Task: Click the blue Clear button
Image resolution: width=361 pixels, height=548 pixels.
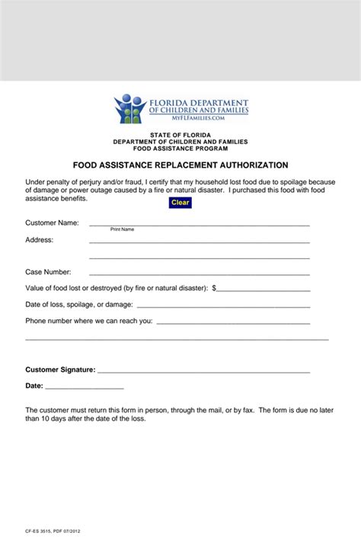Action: coord(180,203)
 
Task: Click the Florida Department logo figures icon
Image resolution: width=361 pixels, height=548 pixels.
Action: coord(129,108)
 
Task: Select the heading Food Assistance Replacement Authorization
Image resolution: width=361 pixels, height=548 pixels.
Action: coord(180,165)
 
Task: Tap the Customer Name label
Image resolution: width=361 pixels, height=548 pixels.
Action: coord(52,223)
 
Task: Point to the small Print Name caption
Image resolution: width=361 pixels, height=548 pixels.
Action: coord(122,229)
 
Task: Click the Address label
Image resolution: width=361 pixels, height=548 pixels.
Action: coord(40,239)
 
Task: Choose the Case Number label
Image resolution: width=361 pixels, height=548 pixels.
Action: coord(48,272)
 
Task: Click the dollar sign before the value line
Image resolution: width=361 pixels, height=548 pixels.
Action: coord(215,288)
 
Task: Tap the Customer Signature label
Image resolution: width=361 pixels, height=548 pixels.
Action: coord(60,370)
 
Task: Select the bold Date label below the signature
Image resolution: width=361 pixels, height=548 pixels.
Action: coord(34,386)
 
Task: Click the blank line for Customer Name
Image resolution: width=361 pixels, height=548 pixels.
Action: coord(199,224)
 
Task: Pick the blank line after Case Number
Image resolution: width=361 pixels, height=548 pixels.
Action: coord(199,273)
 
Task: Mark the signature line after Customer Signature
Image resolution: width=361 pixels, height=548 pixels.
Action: coord(203,370)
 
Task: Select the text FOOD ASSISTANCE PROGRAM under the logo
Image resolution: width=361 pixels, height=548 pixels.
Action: coord(180,149)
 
